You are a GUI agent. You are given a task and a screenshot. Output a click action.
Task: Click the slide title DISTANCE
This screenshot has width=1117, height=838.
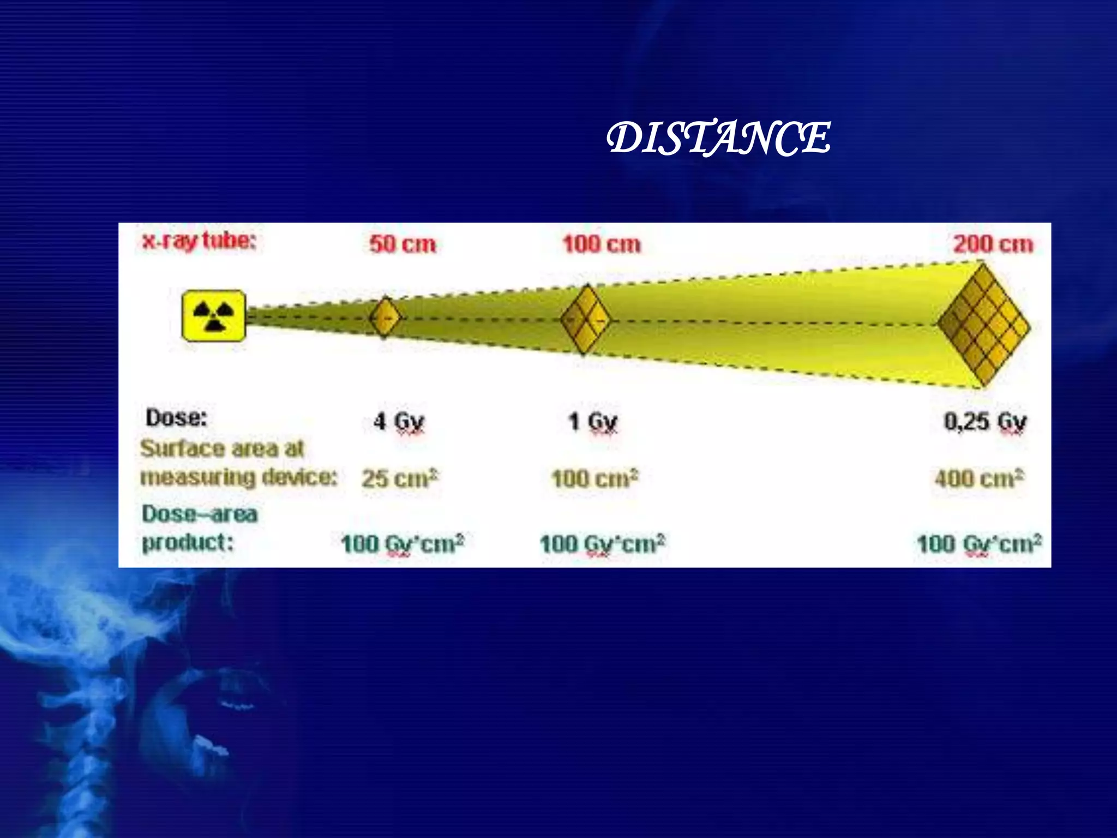coord(718,137)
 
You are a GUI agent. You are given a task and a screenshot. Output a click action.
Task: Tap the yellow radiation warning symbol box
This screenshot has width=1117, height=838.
coord(213,316)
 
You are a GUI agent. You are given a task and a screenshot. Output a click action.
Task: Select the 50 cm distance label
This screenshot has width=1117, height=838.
coord(403,244)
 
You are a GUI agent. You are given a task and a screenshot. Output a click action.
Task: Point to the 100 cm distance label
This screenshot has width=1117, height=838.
coord(602,244)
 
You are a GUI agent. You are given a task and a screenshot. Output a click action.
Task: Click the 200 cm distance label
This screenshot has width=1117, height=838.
coord(993,244)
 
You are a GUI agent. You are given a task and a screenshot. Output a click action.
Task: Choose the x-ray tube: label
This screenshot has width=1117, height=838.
coord(199,241)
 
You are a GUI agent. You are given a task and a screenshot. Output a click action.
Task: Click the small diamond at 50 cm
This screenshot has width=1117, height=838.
coord(385,317)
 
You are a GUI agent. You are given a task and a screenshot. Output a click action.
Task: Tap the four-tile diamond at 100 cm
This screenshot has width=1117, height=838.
coord(585,320)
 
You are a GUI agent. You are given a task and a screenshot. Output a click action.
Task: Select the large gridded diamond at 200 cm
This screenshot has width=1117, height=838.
coord(984,325)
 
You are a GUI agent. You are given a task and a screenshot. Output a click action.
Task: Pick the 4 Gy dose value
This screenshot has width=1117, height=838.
coord(399,422)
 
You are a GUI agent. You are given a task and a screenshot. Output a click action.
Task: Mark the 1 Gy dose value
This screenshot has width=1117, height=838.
coord(593,422)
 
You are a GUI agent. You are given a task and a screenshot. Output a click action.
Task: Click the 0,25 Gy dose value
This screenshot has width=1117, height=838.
coord(985,422)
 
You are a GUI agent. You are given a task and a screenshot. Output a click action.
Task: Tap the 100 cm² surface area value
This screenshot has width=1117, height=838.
coord(594,478)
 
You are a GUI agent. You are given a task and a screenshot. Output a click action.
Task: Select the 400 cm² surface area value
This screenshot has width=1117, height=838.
coord(979,478)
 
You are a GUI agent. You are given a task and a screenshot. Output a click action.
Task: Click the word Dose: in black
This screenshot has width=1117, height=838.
coord(176,418)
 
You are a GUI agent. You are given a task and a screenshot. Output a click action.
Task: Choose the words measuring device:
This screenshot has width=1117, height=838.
coord(239,477)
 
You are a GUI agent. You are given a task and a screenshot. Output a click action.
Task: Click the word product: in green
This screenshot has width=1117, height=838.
coord(188,542)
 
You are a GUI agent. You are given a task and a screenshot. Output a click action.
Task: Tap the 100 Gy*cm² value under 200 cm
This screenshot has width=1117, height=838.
coord(979,544)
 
